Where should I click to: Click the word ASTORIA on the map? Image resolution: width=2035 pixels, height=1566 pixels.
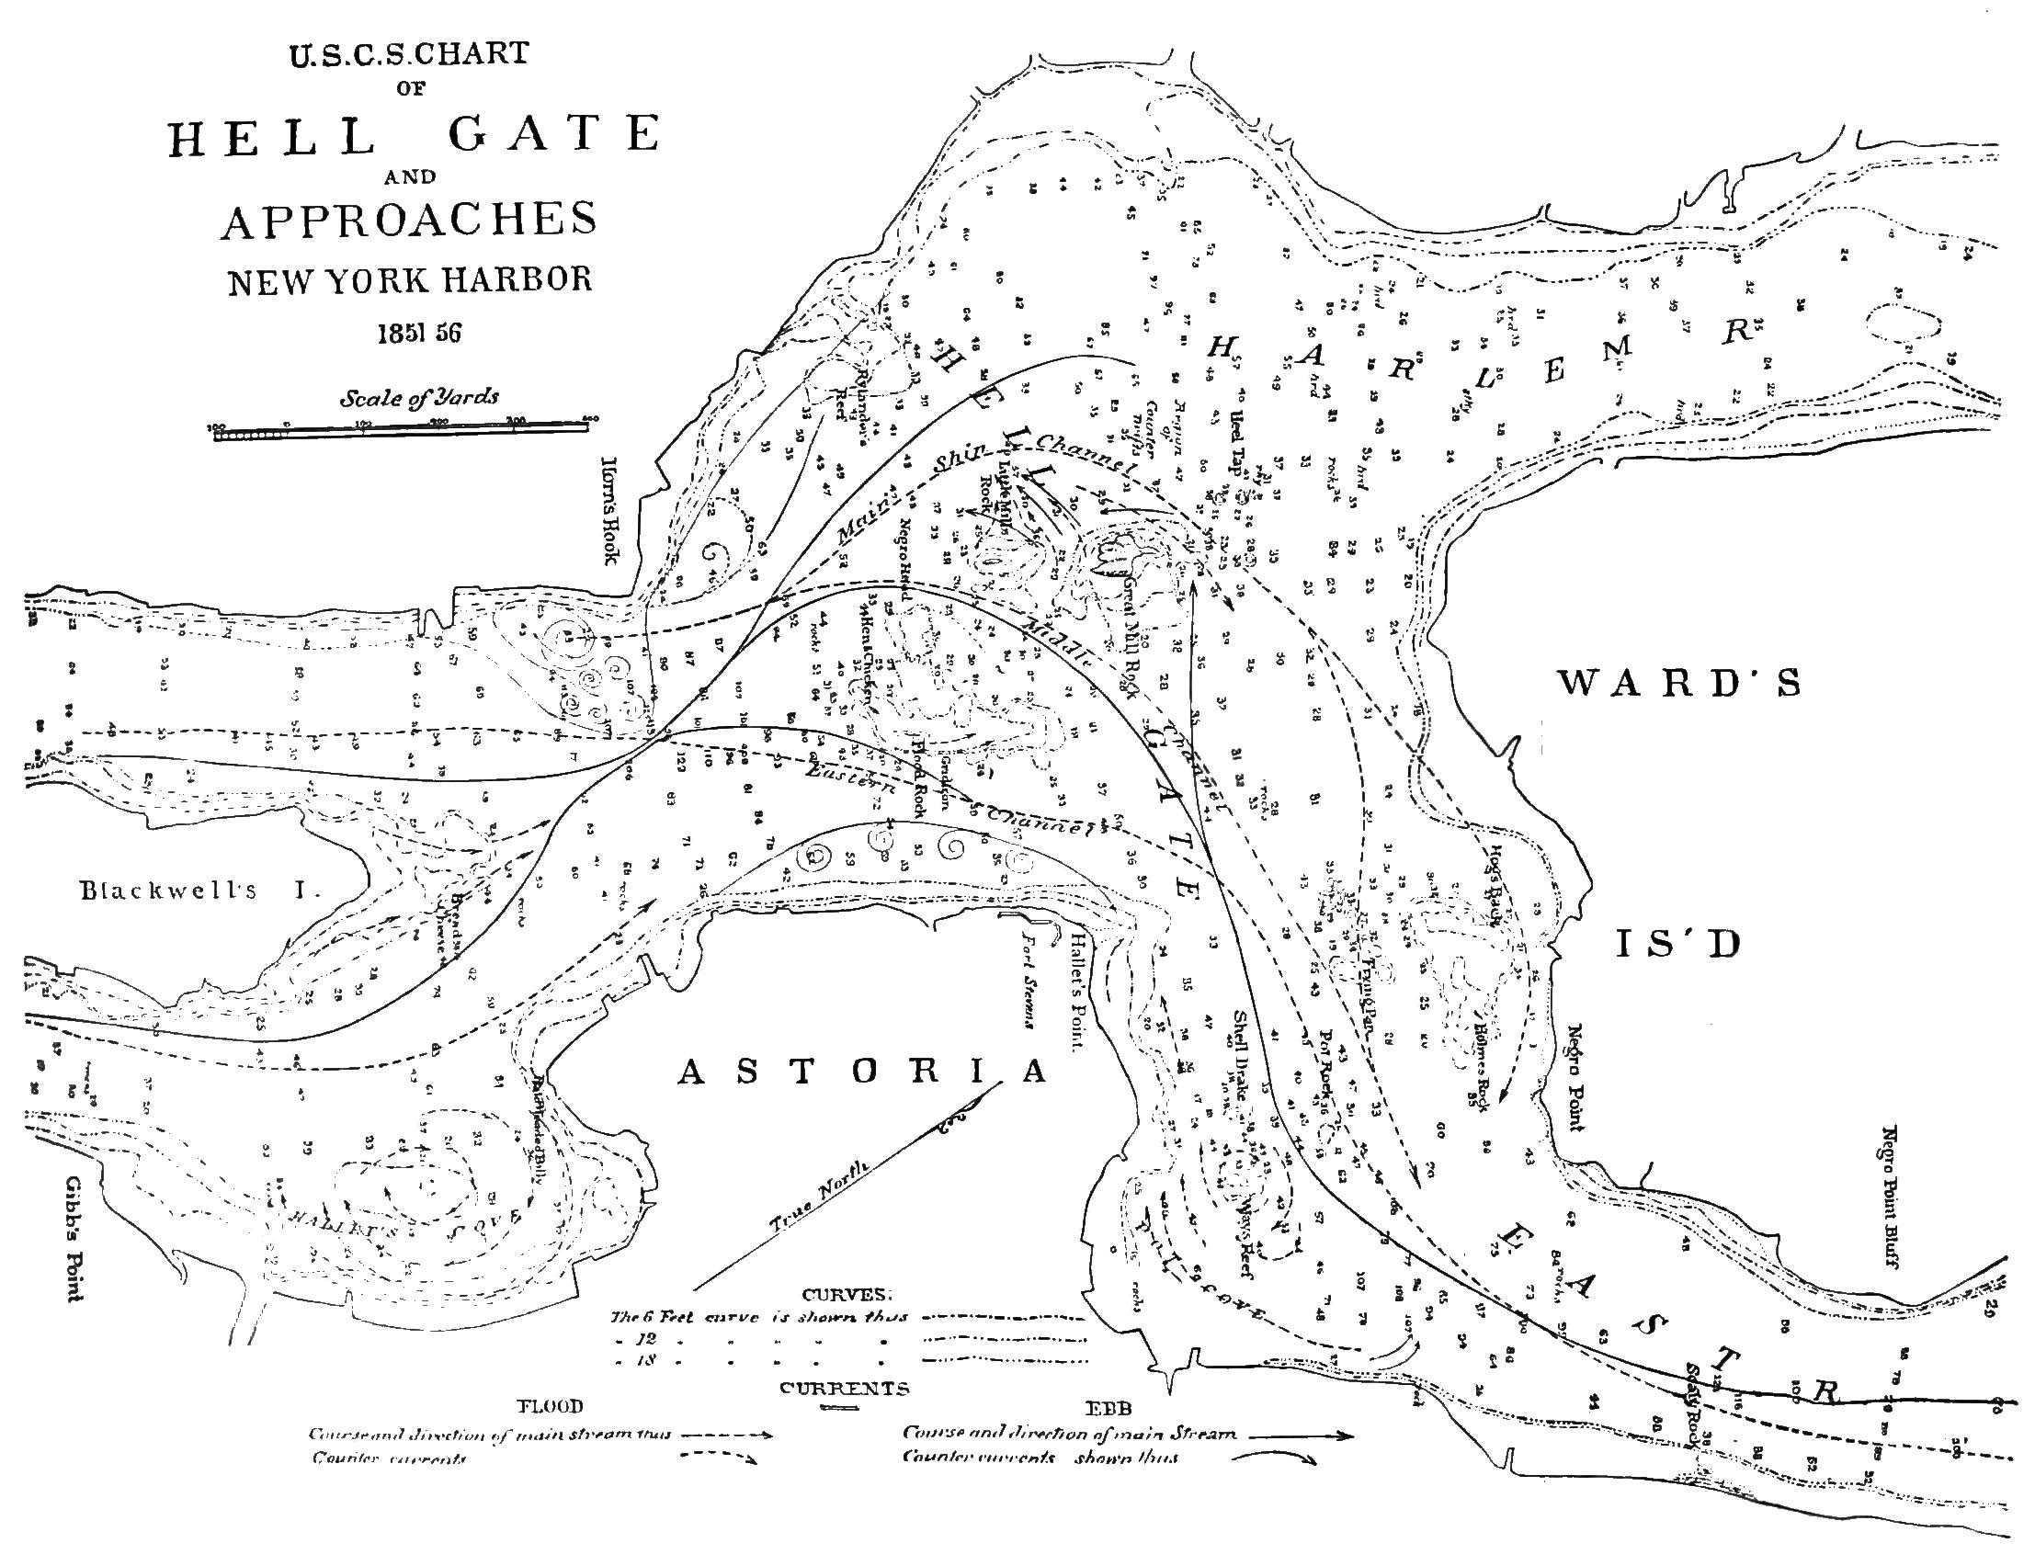click(862, 1072)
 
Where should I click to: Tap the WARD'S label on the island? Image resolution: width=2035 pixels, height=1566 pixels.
click(1680, 684)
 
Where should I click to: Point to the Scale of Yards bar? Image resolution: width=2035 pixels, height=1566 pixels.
click(401, 429)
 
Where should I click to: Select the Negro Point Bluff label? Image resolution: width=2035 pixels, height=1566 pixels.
click(1889, 1197)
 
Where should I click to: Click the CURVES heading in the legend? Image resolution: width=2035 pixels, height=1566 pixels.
click(846, 1295)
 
